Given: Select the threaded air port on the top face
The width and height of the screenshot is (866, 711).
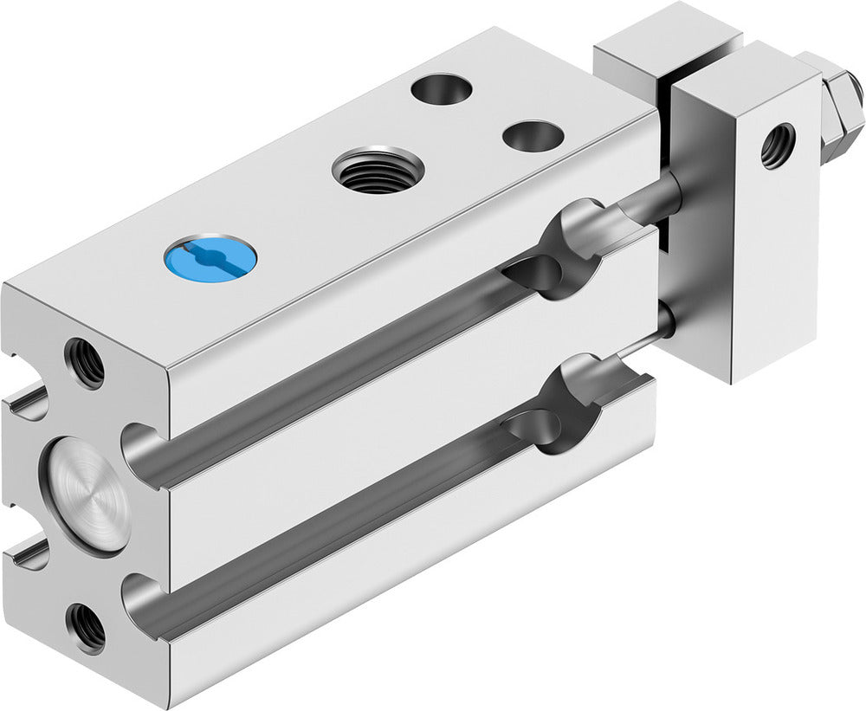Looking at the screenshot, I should coord(378,170).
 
